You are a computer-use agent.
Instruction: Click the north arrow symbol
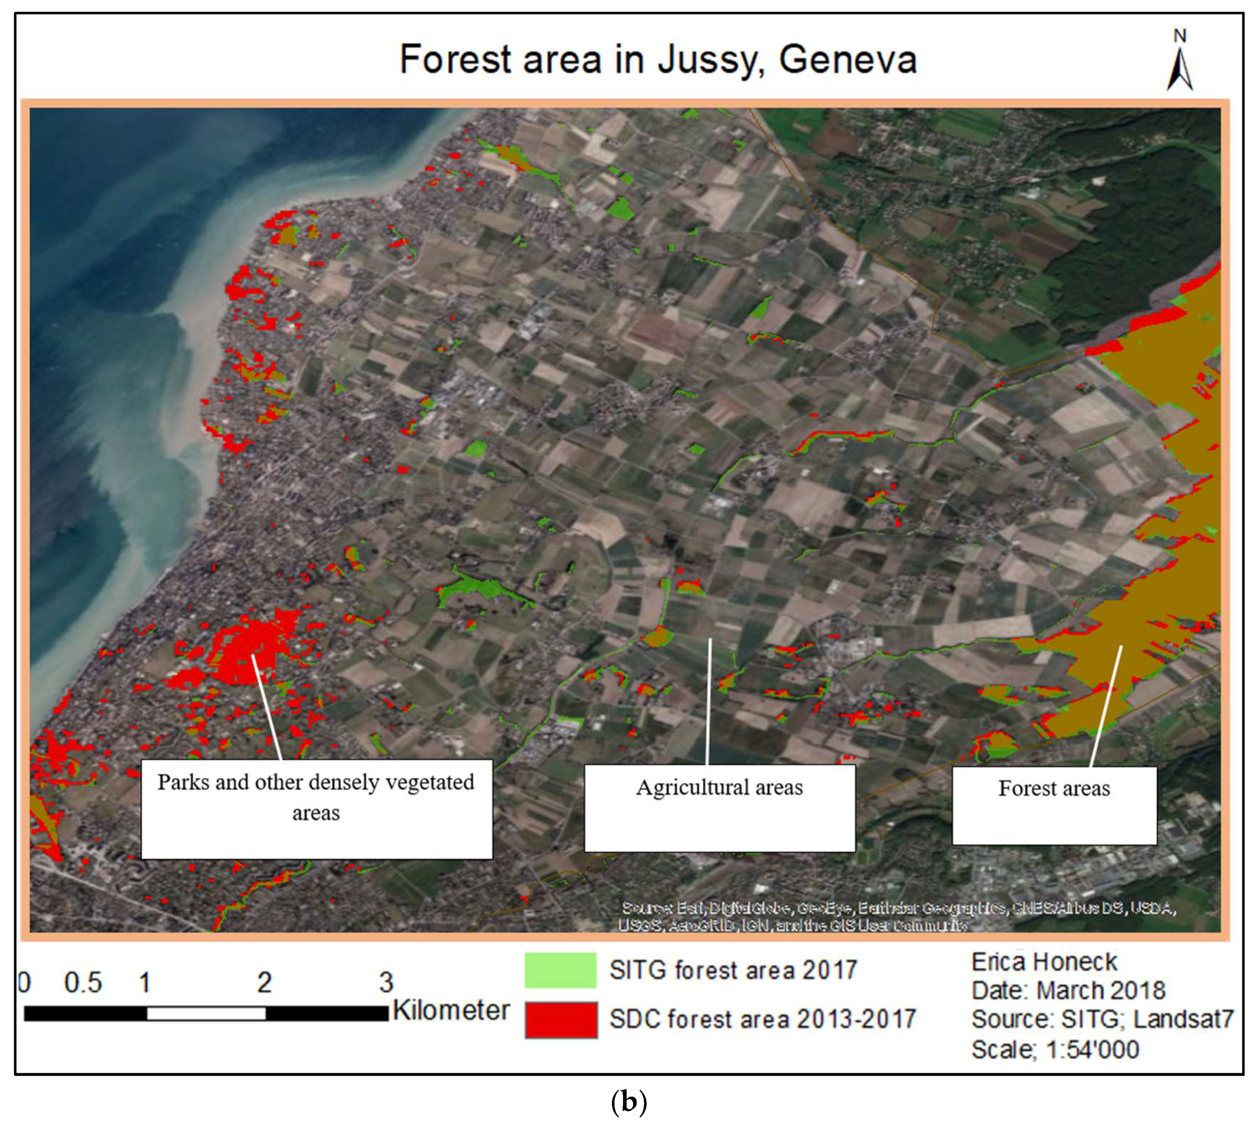[1179, 68]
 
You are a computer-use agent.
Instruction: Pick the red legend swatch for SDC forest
[561, 1020]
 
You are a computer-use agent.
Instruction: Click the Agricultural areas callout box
[719, 808]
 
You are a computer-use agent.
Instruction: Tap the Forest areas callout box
[1054, 806]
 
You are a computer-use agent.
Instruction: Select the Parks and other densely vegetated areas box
[316, 809]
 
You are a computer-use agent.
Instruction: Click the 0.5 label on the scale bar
[83, 983]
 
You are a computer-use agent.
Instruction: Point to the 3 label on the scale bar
[386, 983]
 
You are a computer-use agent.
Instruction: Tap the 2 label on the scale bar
[265, 983]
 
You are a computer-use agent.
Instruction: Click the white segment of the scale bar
[206, 1014]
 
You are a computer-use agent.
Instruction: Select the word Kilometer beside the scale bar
[451, 1010]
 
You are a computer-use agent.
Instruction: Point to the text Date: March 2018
[1068, 991]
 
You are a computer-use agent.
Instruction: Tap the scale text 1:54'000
[1093, 1050]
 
